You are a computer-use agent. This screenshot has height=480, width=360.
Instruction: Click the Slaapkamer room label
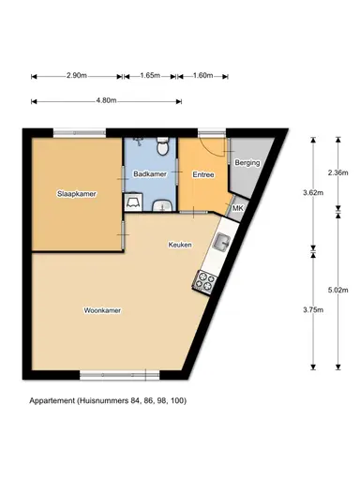[76, 194]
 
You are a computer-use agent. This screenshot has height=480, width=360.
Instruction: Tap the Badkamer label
[150, 174]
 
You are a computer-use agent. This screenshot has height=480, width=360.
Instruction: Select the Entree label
[203, 174]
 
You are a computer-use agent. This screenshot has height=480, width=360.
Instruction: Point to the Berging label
[247, 163]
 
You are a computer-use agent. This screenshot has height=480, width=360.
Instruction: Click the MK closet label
[237, 208]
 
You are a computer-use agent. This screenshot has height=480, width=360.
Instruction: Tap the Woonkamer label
[103, 310]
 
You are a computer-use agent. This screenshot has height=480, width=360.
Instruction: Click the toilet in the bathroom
[163, 147]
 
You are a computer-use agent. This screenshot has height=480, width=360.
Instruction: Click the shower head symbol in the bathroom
[138, 143]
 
